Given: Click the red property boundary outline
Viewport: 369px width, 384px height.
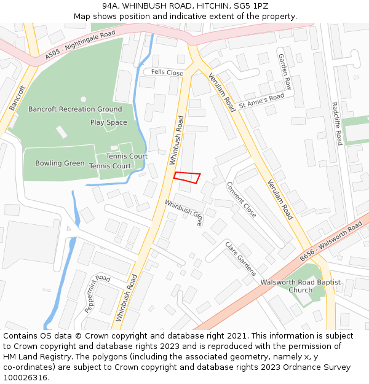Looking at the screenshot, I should coord(187,178).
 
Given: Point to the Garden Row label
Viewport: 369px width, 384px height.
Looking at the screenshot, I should coord(284,71).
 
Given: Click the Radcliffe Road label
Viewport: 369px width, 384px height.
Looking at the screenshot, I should coord(336,123).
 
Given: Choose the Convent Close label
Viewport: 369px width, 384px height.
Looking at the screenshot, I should coord(241,199).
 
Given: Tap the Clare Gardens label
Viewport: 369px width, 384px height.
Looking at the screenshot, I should coord(240,257).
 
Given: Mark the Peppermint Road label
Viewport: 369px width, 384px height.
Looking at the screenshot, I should coord(97,294).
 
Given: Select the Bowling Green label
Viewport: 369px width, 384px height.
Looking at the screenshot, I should coord(60,163).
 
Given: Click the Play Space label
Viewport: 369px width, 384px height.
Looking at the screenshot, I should coord(109,122).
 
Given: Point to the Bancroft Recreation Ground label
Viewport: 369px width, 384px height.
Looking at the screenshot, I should coord(75,109).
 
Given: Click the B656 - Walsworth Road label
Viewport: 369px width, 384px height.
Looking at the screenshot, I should coord(331,243).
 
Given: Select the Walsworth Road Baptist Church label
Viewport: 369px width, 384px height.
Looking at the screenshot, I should coord(301,286).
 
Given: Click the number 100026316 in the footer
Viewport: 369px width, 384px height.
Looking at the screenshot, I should coord(26,377).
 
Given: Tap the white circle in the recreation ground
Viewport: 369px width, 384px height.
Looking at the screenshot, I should coord(83,99).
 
